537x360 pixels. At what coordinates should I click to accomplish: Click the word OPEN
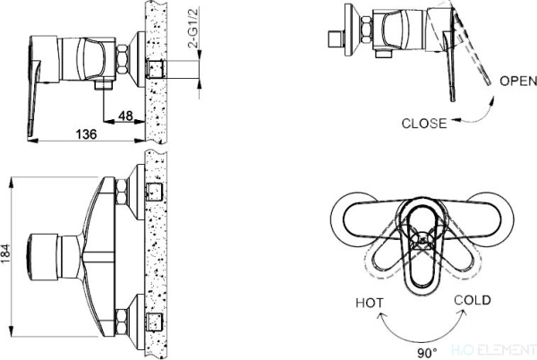[x=517, y=81]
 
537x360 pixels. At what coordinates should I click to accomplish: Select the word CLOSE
[x=424, y=123]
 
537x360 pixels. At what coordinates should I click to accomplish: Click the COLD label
[x=472, y=300]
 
